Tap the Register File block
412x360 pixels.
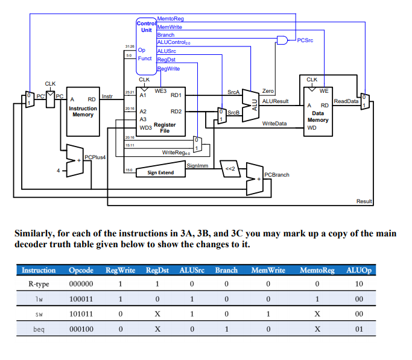[x=161, y=115]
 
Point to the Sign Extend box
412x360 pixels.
[x=160, y=172]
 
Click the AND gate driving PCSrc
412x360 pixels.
[x=282, y=40]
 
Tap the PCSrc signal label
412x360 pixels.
[x=305, y=40]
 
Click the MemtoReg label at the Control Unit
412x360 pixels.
[x=170, y=19]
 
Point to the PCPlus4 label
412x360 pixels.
[x=95, y=157]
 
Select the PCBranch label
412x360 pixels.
[x=277, y=174]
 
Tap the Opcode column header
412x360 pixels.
[x=81, y=270]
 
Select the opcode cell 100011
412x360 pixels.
[x=81, y=298]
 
